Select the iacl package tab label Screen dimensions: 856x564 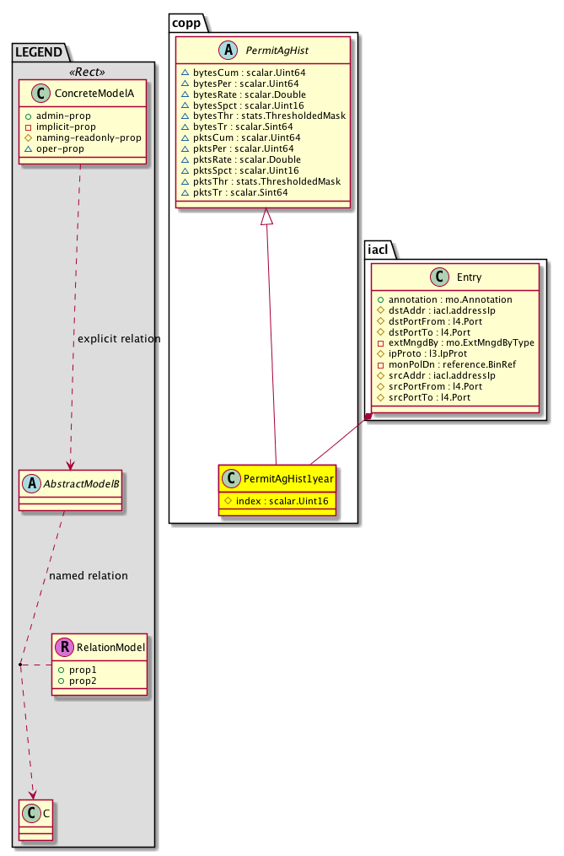coord(379,249)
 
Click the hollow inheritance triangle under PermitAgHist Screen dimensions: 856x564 coord(266,217)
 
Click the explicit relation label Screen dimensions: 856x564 coord(119,339)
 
